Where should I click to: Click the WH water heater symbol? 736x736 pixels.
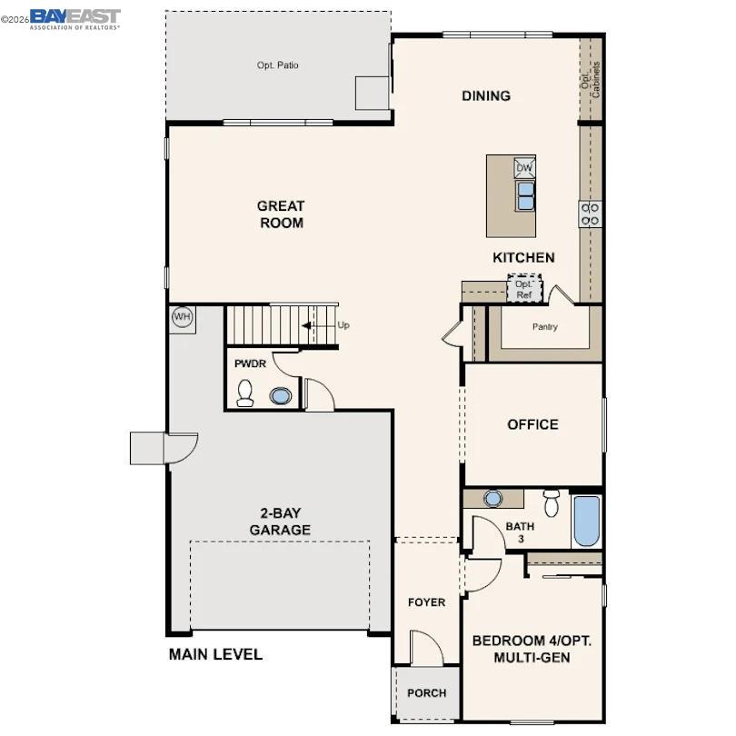click(x=183, y=317)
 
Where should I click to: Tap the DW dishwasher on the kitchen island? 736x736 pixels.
click(x=524, y=168)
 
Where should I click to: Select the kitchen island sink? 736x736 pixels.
click(x=524, y=194)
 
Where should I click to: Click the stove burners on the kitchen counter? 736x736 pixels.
click(x=590, y=214)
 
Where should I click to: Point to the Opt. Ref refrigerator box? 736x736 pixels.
click(x=523, y=289)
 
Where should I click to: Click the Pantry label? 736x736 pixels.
click(x=544, y=327)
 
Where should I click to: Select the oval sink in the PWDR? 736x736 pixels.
click(x=282, y=396)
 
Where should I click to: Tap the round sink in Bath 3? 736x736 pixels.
click(x=493, y=498)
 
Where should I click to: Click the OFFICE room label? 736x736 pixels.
click(x=532, y=424)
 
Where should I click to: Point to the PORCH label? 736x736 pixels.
click(x=426, y=693)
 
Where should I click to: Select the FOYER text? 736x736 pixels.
click(x=426, y=602)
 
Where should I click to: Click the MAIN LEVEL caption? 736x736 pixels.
click(x=215, y=654)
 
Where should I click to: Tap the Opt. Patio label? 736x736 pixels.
click(x=278, y=65)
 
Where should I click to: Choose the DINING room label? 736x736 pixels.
click(x=486, y=95)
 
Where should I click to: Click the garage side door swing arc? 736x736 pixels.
click(x=183, y=448)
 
